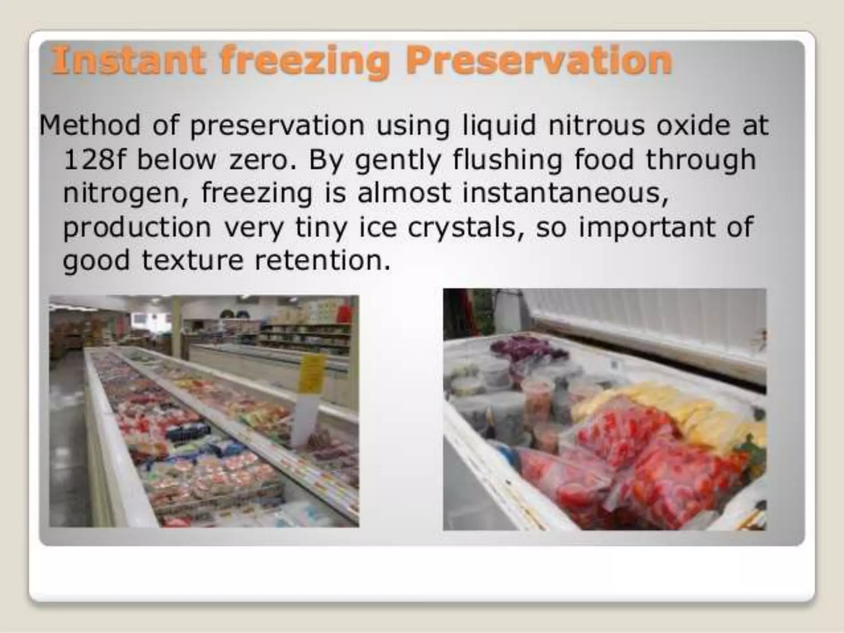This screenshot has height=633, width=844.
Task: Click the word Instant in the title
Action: (x=128, y=61)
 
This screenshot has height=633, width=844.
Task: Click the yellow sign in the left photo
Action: (x=312, y=373)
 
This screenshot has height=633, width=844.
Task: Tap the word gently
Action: (x=398, y=161)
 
